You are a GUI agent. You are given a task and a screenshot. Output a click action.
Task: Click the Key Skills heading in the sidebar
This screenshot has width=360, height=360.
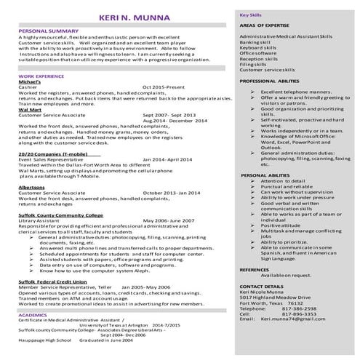click(252, 15)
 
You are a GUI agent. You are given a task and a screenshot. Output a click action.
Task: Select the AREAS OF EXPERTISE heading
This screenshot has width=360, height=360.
click(268, 25)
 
